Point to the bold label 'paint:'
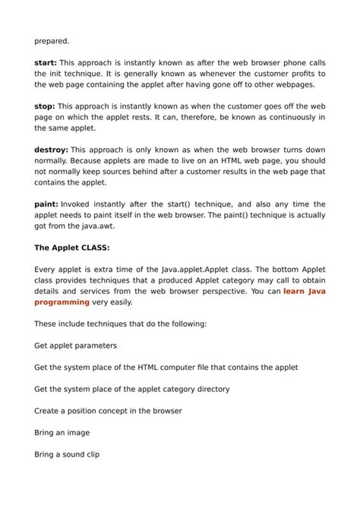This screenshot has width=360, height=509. (46, 204)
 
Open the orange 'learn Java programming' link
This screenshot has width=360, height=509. (304, 291)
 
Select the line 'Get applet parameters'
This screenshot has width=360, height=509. (76, 345)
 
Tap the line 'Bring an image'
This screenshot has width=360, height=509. (62, 432)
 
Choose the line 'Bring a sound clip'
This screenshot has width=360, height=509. (68, 454)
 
